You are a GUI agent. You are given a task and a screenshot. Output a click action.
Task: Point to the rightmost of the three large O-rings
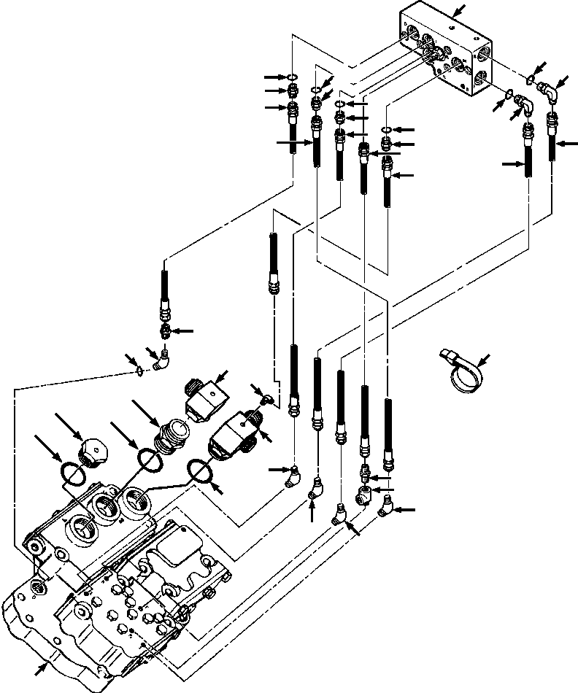pyautogui.click(x=204, y=471)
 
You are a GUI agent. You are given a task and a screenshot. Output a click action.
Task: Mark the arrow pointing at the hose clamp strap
pyautogui.click(x=484, y=359)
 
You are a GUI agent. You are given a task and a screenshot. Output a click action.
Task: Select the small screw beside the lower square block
pyautogui.click(x=266, y=398)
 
